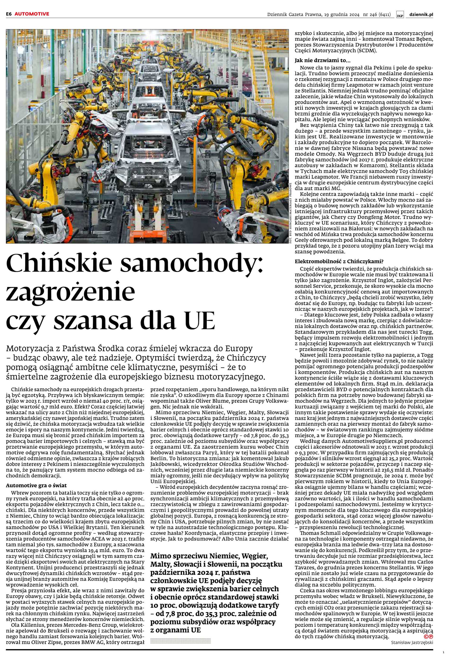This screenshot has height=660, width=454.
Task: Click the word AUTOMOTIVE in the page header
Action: tap(32, 14)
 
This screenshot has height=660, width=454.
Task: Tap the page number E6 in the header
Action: tap(9, 14)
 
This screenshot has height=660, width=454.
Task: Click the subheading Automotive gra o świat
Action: tap(36, 486)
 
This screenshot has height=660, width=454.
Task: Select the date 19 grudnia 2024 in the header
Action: tap(342, 14)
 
